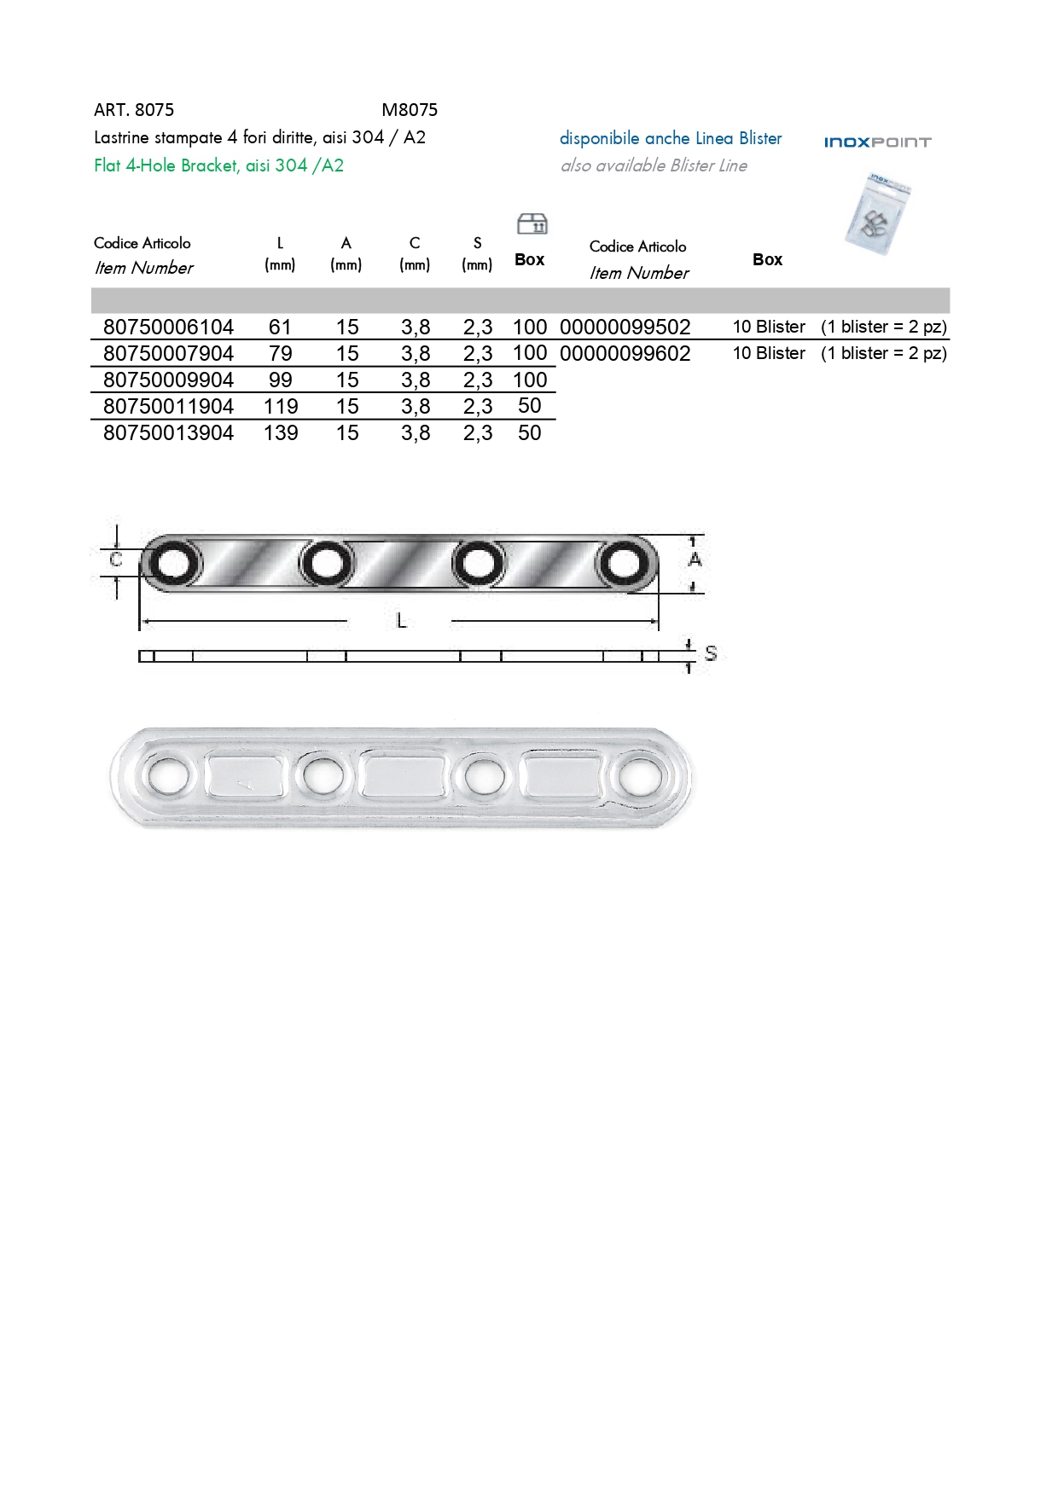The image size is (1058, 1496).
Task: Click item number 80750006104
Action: click(x=168, y=327)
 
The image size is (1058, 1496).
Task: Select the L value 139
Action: click(x=281, y=432)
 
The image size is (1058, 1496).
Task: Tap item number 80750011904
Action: click(x=168, y=406)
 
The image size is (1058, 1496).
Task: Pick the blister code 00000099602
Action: click(x=625, y=353)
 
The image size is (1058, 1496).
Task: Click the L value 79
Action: click(x=281, y=353)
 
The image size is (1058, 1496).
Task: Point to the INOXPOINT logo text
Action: click(x=877, y=142)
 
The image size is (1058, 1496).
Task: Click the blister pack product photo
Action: click(x=878, y=214)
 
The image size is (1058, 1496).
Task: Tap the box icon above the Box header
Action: click(x=532, y=223)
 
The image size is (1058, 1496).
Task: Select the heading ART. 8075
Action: click(x=134, y=110)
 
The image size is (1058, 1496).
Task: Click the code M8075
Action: click(x=410, y=110)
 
